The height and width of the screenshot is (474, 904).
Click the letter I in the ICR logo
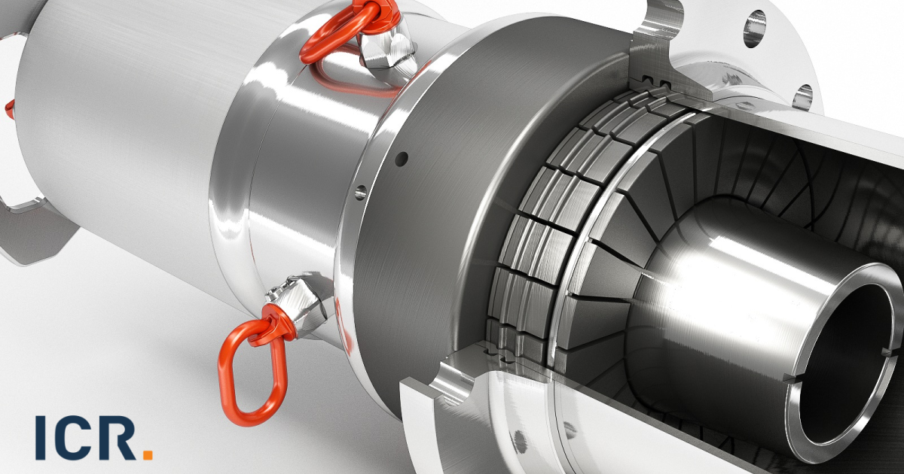click(41, 437)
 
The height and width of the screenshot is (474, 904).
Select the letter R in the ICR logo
click(119, 437)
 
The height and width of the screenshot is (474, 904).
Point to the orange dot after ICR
click(148, 454)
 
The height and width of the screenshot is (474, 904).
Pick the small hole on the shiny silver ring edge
click(360, 192)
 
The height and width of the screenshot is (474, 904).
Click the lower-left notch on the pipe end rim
click(792, 376)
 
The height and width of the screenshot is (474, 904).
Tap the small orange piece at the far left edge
click(9, 109)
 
